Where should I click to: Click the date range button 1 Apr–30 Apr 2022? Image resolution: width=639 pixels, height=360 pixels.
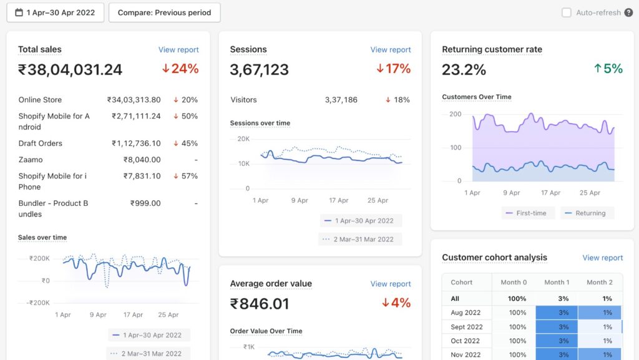click(55, 12)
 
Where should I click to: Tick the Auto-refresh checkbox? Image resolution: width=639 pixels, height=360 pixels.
click(567, 12)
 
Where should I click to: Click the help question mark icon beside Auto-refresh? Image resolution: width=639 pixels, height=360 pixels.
click(628, 12)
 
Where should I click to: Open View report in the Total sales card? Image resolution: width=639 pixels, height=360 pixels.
click(178, 50)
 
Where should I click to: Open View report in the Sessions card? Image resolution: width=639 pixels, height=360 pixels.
click(391, 50)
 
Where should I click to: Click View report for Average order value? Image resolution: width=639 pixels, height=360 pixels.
click(391, 284)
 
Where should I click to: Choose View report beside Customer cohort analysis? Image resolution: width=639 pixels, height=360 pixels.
click(602, 258)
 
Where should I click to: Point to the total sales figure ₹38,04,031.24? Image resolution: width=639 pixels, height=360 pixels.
click(70, 70)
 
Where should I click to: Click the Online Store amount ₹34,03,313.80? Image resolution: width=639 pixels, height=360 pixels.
click(134, 100)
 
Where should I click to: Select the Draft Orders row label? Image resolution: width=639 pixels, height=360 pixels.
click(41, 144)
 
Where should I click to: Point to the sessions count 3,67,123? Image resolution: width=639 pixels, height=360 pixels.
click(259, 70)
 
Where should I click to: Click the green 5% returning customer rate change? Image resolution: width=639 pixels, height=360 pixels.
click(608, 69)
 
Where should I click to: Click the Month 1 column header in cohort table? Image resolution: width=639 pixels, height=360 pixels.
click(557, 283)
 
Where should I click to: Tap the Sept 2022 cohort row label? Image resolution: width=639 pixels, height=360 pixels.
click(467, 327)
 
